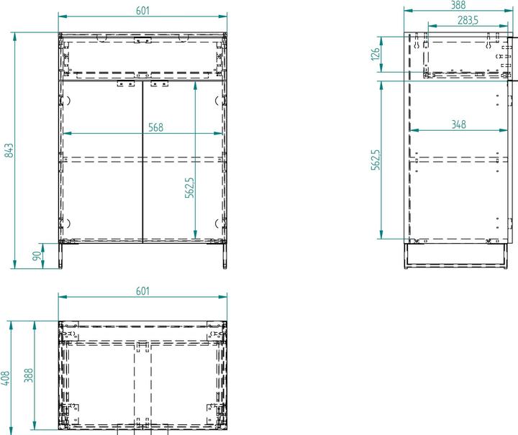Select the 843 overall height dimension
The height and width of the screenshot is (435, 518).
point(8,150)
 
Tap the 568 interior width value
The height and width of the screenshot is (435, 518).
point(155,127)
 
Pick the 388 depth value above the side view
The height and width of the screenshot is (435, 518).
point(458,4)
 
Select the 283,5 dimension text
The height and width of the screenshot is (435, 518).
point(468,19)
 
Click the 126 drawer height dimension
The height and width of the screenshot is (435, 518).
point(374,55)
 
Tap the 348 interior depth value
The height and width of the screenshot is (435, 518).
point(458,124)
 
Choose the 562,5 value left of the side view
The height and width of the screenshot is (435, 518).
point(374,160)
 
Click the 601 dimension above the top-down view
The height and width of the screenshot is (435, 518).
point(142,290)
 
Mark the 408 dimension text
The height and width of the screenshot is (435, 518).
point(6,378)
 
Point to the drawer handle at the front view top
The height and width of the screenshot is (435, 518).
point(142,38)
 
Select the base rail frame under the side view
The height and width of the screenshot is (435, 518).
point(458,255)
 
